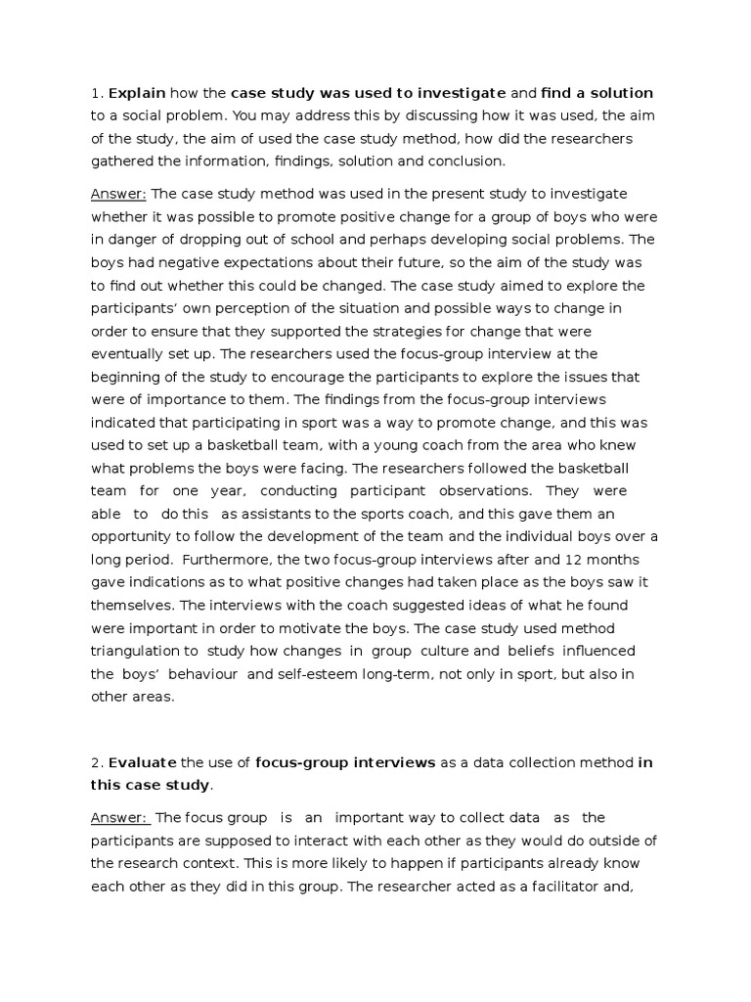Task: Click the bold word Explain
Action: (x=138, y=93)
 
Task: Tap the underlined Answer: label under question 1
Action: (x=119, y=194)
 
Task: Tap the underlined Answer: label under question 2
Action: (x=120, y=817)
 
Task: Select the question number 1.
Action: (x=95, y=93)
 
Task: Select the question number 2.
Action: (x=95, y=762)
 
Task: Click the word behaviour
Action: (x=190, y=674)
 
